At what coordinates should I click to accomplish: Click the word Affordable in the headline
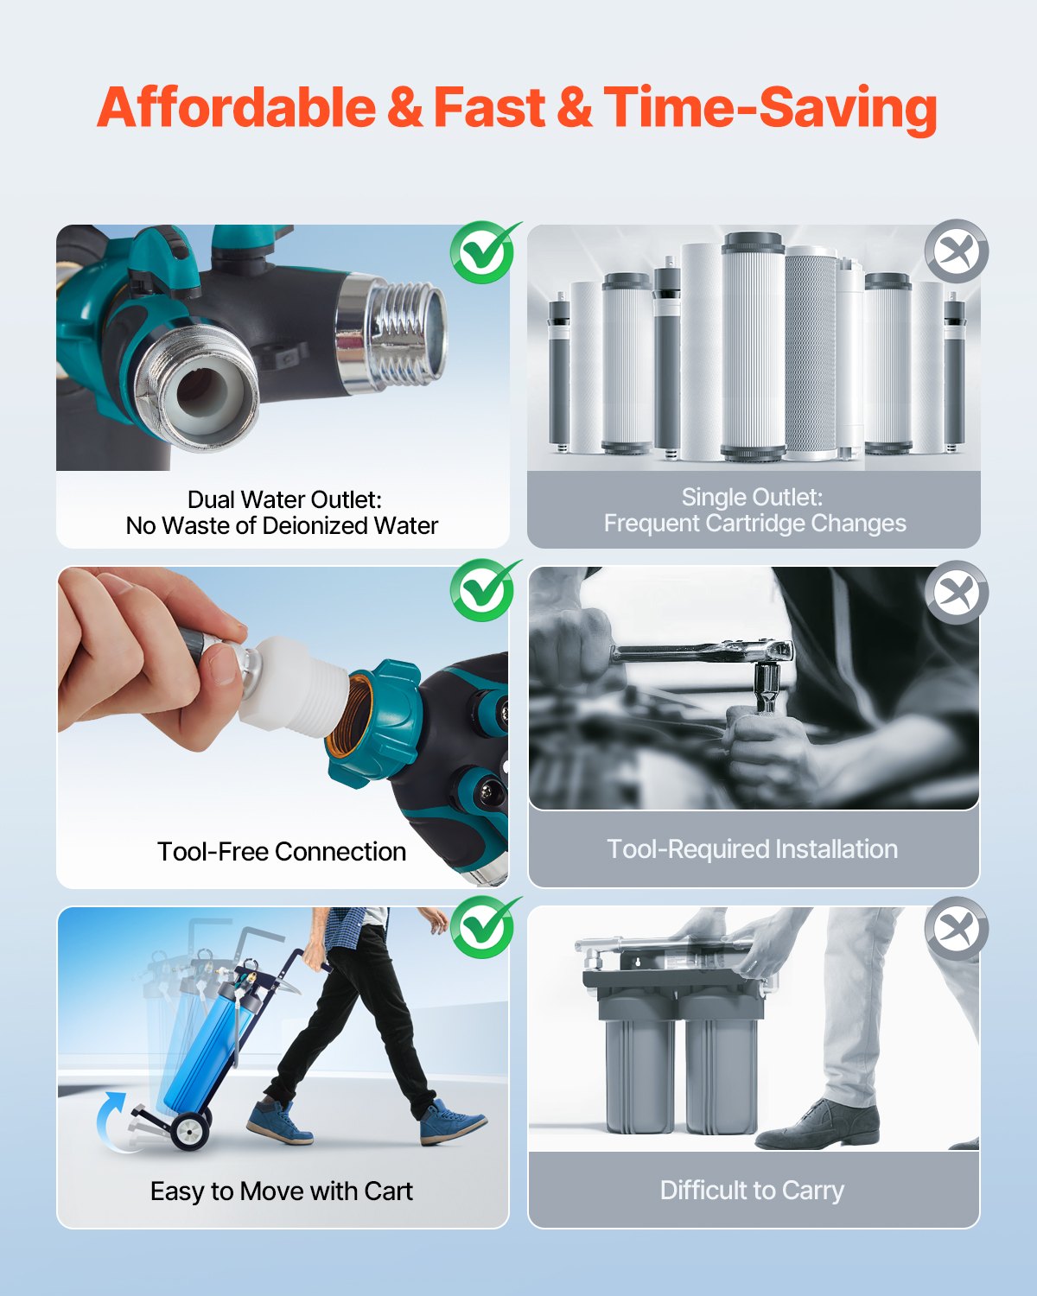236,108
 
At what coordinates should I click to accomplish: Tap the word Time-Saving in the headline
770,108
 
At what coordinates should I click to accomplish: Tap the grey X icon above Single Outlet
956,251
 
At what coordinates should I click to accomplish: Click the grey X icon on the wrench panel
956,593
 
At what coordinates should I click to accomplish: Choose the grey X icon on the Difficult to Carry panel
956,930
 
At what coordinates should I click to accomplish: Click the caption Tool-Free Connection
282,852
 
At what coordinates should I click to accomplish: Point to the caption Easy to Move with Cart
282,1191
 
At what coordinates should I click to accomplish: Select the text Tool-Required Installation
752,849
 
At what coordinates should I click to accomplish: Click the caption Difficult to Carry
752,1191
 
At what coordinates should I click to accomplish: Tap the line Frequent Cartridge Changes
754,524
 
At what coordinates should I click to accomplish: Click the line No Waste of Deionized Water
282,526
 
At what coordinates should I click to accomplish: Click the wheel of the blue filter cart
190,1131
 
